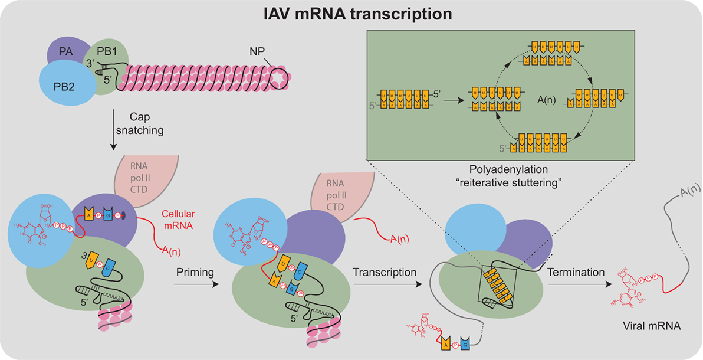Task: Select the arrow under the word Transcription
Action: (x=388, y=283)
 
